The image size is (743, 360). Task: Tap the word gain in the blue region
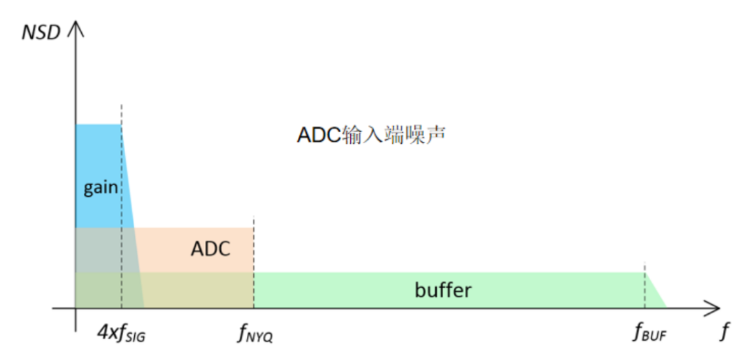click(100, 187)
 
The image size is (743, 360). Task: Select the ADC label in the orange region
click(211, 248)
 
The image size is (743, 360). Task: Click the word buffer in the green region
click(443, 290)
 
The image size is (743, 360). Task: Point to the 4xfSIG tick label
click(122, 335)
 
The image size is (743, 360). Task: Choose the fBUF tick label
click(649, 335)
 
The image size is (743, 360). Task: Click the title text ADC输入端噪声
click(371, 134)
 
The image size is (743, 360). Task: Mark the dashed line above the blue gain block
click(122, 114)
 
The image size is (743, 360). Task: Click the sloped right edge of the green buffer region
click(656, 290)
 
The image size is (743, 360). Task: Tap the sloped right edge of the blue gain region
click(131, 179)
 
